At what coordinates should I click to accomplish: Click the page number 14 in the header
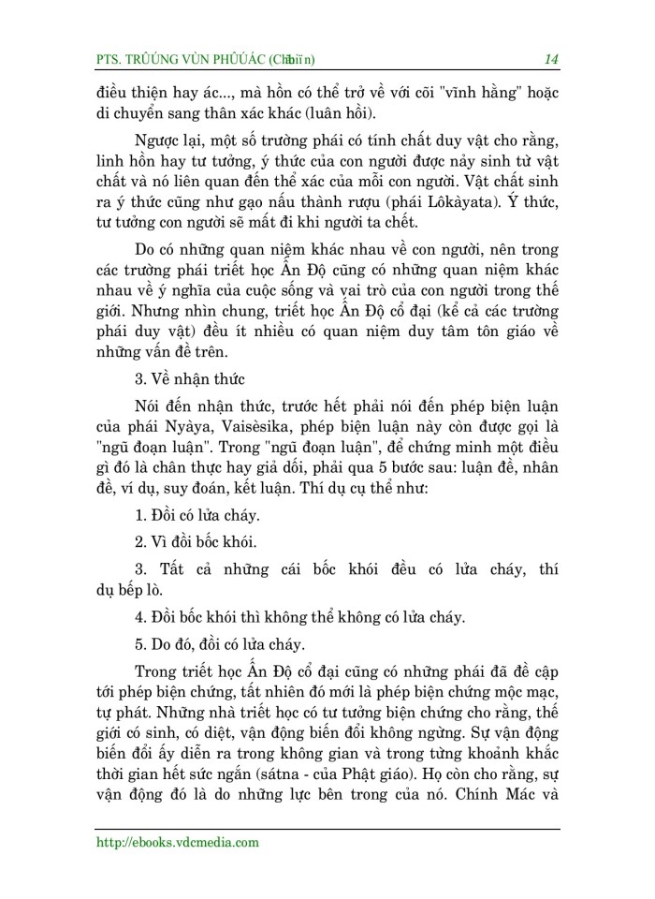(551, 59)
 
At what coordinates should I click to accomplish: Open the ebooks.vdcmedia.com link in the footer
(178, 842)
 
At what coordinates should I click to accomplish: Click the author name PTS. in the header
(111, 59)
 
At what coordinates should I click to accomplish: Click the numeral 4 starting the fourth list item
(139, 618)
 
